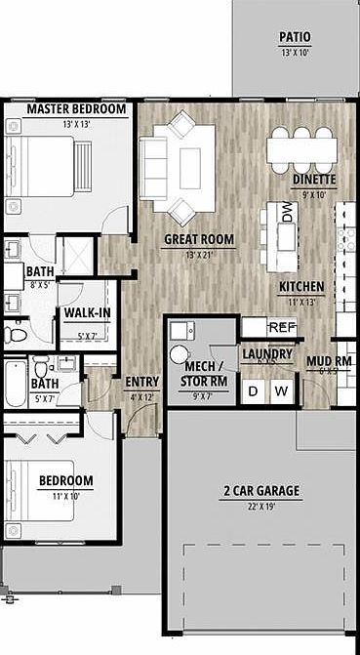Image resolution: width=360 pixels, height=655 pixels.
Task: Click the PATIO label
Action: click(x=295, y=36)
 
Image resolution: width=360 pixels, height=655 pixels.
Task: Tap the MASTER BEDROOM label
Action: click(x=77, y=109)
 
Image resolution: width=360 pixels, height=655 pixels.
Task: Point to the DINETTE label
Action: click(x=314, y=181)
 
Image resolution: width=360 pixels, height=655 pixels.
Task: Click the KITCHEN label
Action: click(x=301, y=286)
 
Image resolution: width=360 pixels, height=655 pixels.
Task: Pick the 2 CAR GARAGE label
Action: click(x=260, y=490)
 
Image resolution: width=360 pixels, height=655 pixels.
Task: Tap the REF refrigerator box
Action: click(x=281, y=327)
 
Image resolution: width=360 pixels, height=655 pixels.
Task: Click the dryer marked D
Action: click(x=254, y=391)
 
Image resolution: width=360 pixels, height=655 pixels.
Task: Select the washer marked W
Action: click(x=281, y=391)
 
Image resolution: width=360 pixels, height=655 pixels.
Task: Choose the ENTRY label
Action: click(x=141, y=382)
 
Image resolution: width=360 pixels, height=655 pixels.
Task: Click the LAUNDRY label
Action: click(x=266, y=353)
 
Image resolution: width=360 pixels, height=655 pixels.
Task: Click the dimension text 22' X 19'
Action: click(x=260, y=506)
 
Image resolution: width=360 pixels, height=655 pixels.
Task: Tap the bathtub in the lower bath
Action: click(x=14, y=385)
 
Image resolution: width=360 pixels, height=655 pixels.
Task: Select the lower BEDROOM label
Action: click(x=65, y=480)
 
